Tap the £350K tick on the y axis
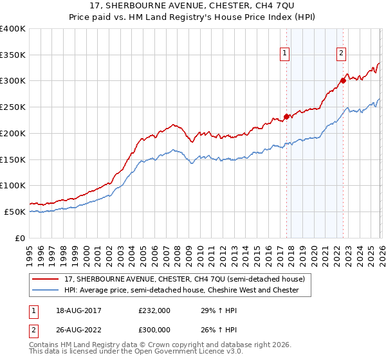click(x=13, y=55)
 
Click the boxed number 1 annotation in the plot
click(x=284, y=54)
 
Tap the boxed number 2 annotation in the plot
click(x=341, y=54)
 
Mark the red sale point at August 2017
click(x=286, y=116)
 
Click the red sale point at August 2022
click(x=343, y=80)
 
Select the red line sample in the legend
click(x=46, y=279)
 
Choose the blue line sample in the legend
click(x=46, y=290)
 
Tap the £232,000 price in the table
click(x=154, y=310)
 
